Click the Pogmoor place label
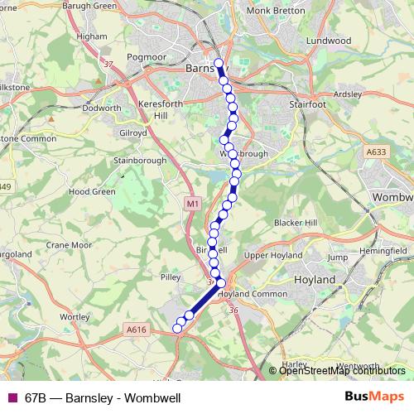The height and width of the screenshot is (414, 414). pos(146,57)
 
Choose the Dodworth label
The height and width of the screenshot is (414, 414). pos(104,108)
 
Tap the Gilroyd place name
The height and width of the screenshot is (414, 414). pos(132,132)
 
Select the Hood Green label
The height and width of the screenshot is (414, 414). pos(92,191)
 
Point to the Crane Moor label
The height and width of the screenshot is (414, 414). pos(69,245)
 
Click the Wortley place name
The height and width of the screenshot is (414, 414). pos(75,317)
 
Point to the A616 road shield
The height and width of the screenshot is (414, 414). pos(136,330)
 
